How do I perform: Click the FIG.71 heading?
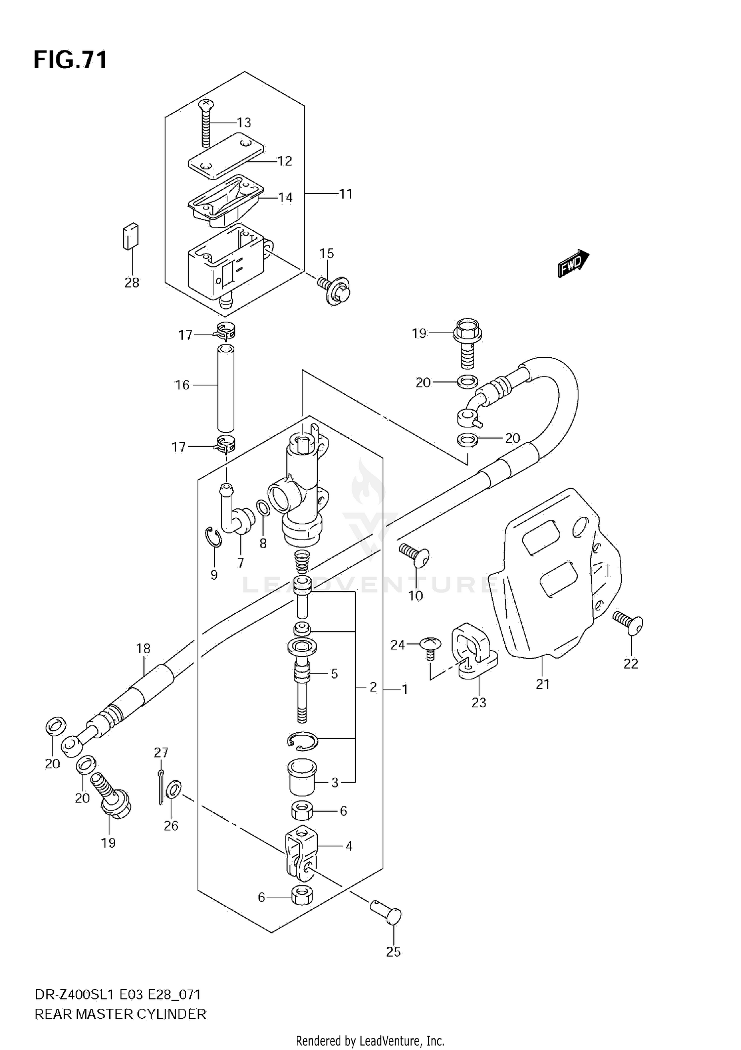coord(70,60)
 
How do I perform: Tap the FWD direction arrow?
coord(573,263)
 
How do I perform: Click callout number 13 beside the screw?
coord(244,123)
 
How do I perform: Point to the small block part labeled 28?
coord(130,236)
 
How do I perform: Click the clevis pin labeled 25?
coord(387,914)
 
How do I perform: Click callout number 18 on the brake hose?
coord(143,648)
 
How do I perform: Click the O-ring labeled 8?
coord(263,507)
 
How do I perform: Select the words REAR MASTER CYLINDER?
coord(120,1014)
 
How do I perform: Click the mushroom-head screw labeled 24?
coord(428,646)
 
